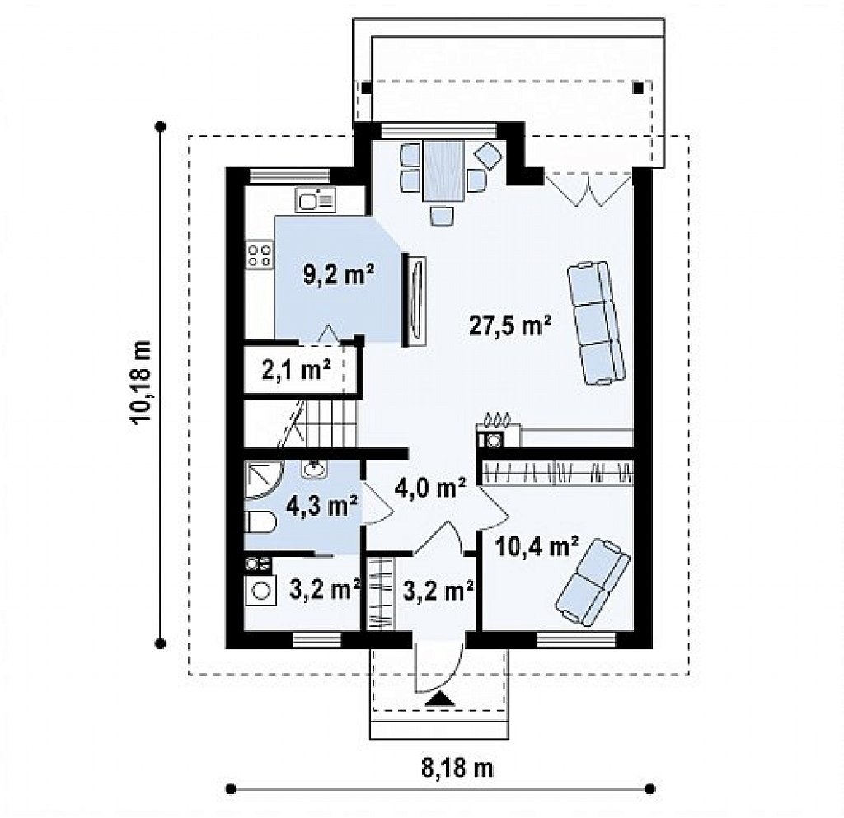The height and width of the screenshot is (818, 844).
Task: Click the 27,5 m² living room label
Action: click(x=510, y=325)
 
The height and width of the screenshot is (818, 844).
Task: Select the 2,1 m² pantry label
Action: click(x=296, y=370)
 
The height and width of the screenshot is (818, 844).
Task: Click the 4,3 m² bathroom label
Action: click(x=322, y=506)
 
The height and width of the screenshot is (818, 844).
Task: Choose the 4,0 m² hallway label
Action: click(x=431, y=488)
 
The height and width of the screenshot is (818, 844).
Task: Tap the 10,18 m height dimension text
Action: click(x=142, y=383)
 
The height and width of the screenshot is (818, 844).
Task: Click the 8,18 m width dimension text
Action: click(x=457, y=769)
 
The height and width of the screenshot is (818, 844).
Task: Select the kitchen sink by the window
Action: click(x=315, y=200)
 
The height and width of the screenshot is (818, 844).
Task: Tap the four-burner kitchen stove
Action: click(x=259, y=255)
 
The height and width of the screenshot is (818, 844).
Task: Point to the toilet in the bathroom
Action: click(x=260, y=521)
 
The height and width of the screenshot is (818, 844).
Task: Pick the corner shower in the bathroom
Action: click(x=262, y=480)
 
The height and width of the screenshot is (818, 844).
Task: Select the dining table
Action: click(x=443, y=171)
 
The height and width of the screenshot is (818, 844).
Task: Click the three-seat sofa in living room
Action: click(x=597, y=323)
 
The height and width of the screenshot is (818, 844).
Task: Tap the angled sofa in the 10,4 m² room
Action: click(x=593, y=583)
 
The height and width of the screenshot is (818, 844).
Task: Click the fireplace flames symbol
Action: click(x=496, y=418)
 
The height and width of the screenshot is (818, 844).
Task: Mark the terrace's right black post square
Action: click(x=638, y=88)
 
